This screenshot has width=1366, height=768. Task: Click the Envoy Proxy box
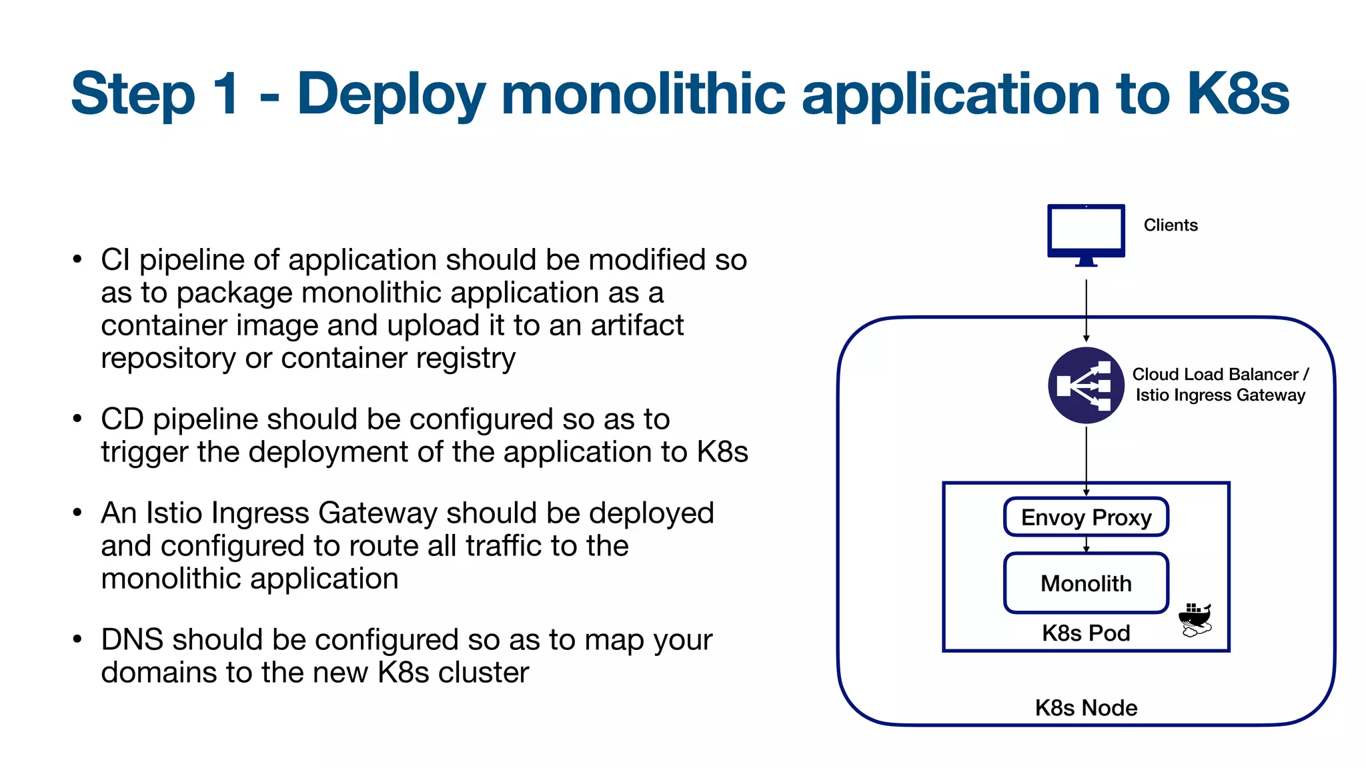(x=1086, y=517)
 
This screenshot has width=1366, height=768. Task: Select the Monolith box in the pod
(x=1086, y=583)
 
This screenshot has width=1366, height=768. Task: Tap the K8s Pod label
(x=1086, y=633)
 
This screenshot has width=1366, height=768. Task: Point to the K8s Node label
(x=1086, y=707)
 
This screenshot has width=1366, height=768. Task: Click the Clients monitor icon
(x=1086, y=233)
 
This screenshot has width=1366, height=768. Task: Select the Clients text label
(x=1171, y=225)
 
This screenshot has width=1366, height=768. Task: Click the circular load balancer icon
(x=1086, y=385)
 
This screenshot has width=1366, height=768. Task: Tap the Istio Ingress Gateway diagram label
(x=1220, y=395)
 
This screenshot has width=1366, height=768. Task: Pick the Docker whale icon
(x=1195, y=620)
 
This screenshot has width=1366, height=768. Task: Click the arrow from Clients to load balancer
(x=1086, y=310)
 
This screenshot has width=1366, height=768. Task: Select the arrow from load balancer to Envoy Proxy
(x=1086, y=460)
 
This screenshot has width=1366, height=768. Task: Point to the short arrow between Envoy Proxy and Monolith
(x=1086, y=544)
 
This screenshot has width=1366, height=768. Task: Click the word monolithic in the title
(x=643, y=93)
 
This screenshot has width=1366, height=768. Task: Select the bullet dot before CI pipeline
(x=77, y=259)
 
